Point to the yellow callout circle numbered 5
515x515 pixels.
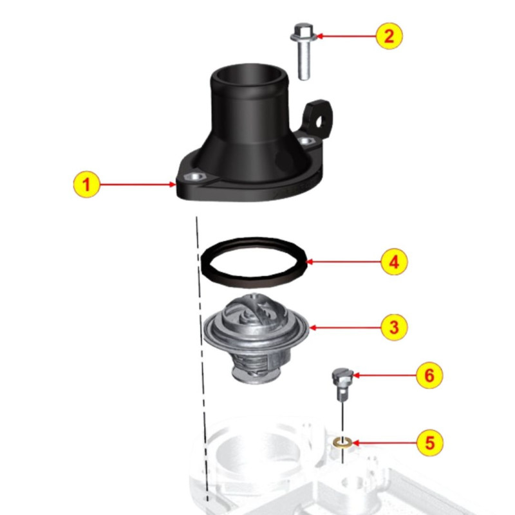(x=429, y=442)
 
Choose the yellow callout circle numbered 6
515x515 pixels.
(x=429, y=374)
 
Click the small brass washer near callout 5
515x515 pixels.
(x=343, y=442)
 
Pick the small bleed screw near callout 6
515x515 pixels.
(x=342, y=380)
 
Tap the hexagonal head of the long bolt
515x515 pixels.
(x=302, y=30)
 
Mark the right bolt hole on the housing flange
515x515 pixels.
(x=311, y=140)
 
